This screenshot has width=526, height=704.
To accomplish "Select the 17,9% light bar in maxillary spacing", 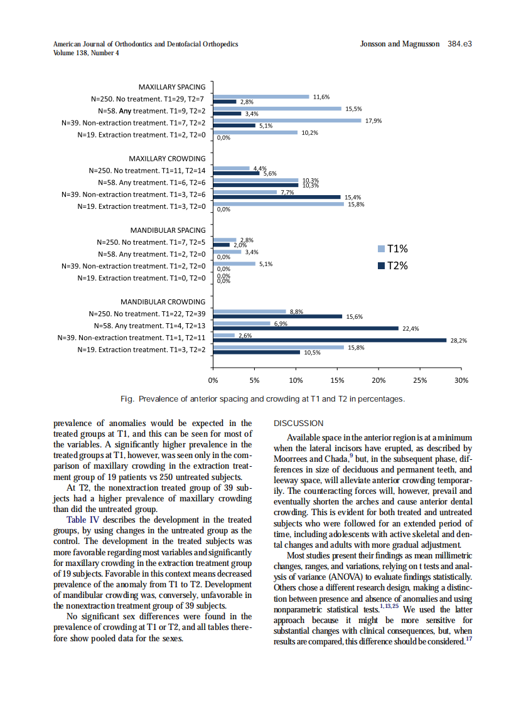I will (287, 120).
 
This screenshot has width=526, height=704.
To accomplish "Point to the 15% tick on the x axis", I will (337, 380).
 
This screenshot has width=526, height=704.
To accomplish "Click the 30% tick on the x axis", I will (461, 380).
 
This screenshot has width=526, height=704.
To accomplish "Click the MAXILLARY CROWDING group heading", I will (167, 158).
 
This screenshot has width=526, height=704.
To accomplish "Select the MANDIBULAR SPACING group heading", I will (167, 230).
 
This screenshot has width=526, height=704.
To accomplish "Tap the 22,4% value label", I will (411, 328).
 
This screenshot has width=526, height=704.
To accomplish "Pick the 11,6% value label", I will (321, 97).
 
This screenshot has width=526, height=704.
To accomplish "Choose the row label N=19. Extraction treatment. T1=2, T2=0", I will (141, 134).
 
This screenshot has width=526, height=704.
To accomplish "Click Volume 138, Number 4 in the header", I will (87, 53).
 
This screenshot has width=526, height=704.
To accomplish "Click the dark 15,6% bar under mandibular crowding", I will (277, 316).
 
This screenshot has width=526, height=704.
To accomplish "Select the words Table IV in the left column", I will (83, 520).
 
